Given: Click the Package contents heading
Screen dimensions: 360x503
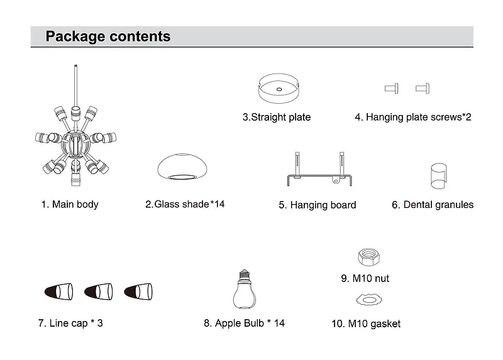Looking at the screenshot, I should [108, 36].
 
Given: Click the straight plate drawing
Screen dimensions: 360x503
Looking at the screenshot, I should [279, 87].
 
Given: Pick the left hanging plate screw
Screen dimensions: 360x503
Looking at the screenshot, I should [391, 89].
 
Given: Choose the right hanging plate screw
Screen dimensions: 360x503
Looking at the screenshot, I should [422, 89].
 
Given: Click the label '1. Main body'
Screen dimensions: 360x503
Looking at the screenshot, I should [70, 204].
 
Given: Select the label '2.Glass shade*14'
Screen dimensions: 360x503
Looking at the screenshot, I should [185, 204].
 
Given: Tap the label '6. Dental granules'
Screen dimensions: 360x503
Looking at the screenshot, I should [433, 205].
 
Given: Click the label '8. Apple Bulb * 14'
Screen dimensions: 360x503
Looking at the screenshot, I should [244, 324].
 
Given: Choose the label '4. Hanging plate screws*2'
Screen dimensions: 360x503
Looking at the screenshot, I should [413, 117].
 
